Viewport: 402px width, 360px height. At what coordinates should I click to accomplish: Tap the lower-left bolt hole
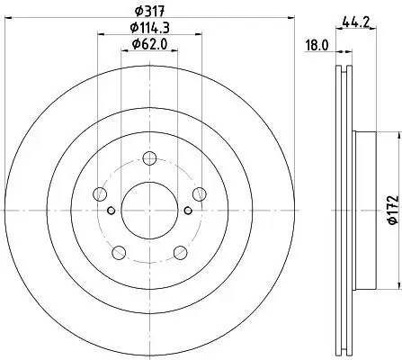[117, 251]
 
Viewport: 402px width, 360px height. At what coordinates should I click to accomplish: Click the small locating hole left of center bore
[111, 211]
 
